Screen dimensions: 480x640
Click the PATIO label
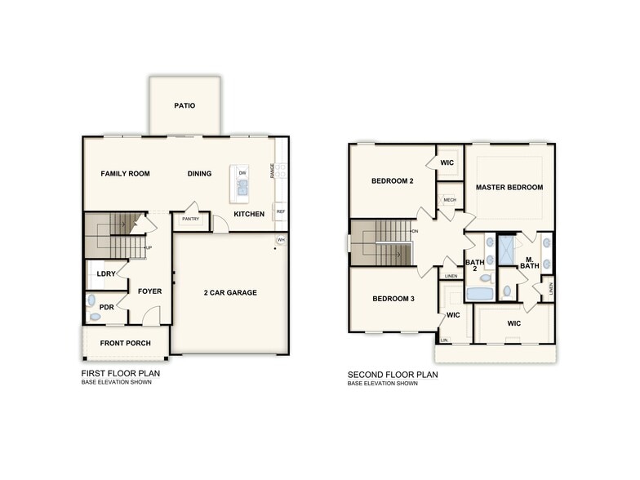coord(184,105)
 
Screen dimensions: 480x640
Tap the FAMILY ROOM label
coord(125,173)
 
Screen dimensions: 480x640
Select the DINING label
coord(199,173)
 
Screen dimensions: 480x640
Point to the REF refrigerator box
coord(280,211)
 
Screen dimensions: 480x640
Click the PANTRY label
coord(191,219)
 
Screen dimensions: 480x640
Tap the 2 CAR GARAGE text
coord(230,292)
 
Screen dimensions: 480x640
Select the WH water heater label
coord(281,240)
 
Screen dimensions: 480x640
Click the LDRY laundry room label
coord(105,274)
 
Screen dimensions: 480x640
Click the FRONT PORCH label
coord(125,343)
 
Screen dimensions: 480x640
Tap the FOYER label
coord(149,291)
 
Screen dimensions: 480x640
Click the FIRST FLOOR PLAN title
coord(120,375)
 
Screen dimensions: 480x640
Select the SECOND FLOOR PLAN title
coord(393,375)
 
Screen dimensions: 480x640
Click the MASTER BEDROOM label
coord(509,187)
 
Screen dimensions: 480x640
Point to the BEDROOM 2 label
coord(392,181)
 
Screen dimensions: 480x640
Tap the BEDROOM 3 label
coord(393,299)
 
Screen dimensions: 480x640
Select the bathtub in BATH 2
coord(479,295)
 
